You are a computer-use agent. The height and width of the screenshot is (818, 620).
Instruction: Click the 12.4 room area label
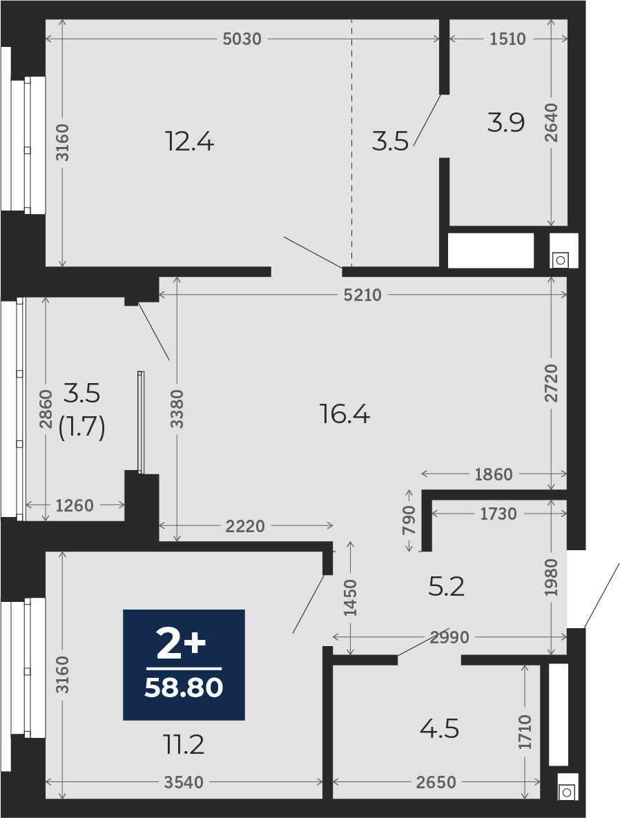189,142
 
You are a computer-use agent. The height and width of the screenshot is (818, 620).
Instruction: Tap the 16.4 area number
345,415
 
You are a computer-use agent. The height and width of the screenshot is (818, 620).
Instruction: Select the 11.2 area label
182,744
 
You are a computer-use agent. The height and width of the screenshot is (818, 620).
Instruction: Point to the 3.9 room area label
505,123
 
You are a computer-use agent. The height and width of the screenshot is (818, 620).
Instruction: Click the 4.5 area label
439,729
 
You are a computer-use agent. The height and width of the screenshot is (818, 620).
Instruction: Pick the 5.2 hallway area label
446,587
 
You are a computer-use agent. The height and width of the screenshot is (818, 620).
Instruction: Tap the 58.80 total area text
184,688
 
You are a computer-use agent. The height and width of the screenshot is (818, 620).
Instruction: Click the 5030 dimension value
242,39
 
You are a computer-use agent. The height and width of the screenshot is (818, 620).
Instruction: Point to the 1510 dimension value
507,39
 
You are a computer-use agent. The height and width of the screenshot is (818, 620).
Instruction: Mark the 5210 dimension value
362,295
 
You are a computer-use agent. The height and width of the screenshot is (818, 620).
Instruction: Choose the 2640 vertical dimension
552,123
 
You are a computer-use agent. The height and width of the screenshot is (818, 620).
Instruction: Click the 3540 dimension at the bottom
184,782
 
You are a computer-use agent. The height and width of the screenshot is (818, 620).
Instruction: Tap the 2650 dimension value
436,782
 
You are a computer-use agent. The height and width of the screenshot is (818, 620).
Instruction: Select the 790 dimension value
409,520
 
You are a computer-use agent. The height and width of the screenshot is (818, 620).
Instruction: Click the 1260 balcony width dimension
75,505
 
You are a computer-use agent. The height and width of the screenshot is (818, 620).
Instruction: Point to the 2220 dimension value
245,526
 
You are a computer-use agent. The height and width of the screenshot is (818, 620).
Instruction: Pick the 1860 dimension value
494,474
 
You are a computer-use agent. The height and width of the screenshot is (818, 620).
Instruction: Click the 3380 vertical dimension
177,409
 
